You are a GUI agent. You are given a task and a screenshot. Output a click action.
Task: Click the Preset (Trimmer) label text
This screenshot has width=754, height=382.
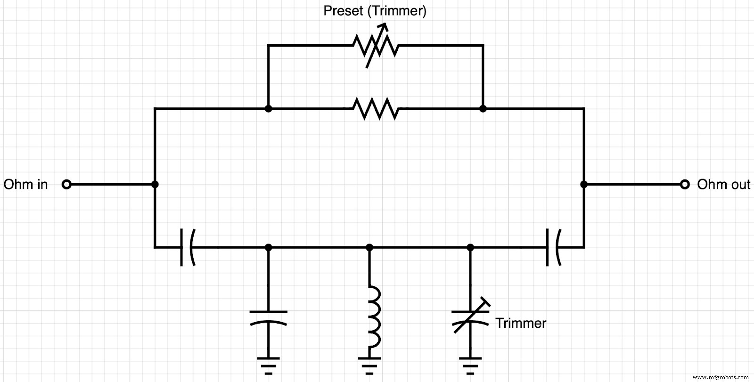[x=375, y=11]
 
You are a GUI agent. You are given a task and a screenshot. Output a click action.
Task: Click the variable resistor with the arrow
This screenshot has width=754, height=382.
[x=376, y=46]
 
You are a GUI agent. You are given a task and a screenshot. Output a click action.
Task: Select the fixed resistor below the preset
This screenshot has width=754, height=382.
[x=376, y=109]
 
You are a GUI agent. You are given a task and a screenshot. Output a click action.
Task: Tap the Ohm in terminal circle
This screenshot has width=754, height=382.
[x=66, y=184]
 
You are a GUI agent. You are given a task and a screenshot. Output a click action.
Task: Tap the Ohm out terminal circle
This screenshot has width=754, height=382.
[x=685, y=184]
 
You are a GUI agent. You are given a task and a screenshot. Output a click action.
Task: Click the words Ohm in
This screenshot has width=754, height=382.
[x=26, y=184]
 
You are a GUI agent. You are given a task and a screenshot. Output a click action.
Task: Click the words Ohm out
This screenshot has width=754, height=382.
[x=723, y=184]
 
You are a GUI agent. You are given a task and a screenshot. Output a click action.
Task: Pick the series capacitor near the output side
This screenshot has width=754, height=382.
[x=553, y=247]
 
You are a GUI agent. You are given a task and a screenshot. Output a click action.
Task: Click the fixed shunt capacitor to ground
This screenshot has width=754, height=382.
[x=268, y=317]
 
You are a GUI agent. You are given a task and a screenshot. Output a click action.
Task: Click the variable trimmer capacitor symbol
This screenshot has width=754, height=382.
[x=470, y=317]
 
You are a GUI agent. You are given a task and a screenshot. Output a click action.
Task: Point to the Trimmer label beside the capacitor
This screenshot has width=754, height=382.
[x=521, y=323]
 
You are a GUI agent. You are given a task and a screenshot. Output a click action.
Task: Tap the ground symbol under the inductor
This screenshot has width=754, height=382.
[x=369, y=365]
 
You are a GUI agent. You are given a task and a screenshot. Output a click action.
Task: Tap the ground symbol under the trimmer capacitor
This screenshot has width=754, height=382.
[x=470, y=365]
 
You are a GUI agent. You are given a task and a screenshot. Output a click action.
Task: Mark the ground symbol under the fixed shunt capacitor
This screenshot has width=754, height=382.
[x=268, y=365]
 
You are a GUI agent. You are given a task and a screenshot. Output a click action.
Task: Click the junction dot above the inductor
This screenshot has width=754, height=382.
[x=369, y=247]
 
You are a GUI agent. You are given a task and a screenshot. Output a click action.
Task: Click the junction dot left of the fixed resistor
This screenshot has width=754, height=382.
[x=268, y=109]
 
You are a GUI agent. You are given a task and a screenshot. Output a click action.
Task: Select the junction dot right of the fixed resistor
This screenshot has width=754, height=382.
[x=483, y=109]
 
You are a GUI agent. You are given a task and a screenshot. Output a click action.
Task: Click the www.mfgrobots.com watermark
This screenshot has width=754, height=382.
[x=721, y=377]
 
